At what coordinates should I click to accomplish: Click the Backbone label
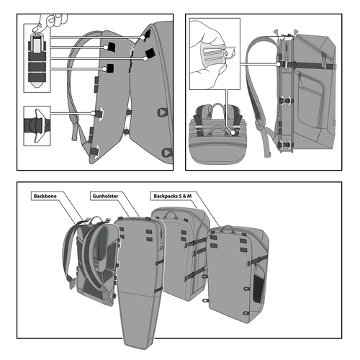[47, 195]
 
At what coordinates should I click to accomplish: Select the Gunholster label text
[106, 195]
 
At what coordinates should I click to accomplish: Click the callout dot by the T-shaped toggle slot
[99, 113]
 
